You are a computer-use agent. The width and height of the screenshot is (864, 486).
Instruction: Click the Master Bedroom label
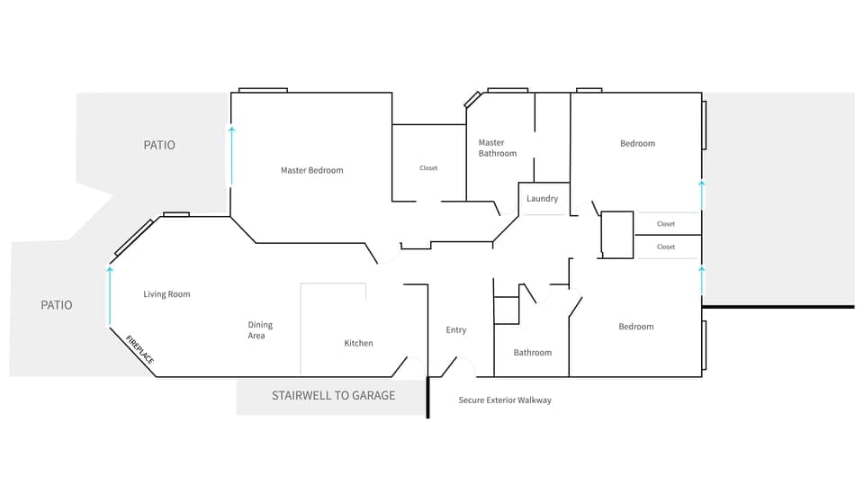tap(311, 170)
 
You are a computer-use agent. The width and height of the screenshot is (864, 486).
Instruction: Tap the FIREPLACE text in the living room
tap(139, 349)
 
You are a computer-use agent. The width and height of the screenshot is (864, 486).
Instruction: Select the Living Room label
tap(166, 294)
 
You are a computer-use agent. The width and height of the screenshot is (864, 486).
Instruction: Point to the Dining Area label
tap(260, 330)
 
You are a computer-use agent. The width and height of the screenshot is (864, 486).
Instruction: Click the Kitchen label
tap(358, 343)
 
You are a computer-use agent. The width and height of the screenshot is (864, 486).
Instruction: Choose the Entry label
tap(456, 330)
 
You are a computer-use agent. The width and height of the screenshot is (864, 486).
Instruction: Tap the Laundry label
tap(543, 199)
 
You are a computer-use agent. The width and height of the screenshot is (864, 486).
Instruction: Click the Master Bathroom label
tap(497, 148)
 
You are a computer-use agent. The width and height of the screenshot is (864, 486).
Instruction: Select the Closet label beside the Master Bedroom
tap(428, 168)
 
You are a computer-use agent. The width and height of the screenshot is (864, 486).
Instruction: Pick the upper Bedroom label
tap(637, 143)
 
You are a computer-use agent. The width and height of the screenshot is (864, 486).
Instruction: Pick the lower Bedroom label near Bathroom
tap(635, 327)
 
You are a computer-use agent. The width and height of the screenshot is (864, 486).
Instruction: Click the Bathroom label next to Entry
tap(532, 353)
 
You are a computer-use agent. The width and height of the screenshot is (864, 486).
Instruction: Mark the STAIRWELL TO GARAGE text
tap(333, 395)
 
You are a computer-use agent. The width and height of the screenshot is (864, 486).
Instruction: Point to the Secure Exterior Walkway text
tap(505, 400)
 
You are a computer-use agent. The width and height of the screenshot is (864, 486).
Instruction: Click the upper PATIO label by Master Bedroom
tap(159, 145)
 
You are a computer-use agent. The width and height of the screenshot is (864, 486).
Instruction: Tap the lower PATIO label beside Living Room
tap(57, 305)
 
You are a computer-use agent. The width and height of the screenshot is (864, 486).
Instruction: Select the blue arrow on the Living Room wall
tap(110, 294)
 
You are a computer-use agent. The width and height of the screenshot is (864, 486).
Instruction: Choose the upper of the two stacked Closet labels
tap(666, 224)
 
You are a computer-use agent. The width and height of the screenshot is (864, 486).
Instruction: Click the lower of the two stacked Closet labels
tap(666, 247)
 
